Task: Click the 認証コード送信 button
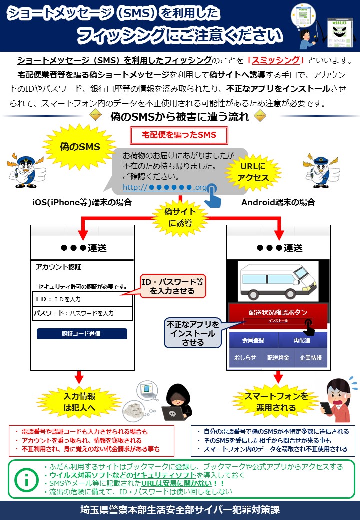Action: (x=82, y=333)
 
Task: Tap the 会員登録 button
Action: (x=253, y=340)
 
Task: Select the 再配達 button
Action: (x=302, y=340)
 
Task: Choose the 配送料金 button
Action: (x=278, y=358)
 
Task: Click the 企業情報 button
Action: (x=311, y=358)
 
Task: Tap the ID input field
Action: (x=82, y=299)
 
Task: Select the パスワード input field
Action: (x=82, y=313)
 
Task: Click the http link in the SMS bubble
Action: (x=165, y=187)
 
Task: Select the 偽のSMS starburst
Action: (x=80, y=147)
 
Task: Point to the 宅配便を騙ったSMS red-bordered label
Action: (x=179, y=135)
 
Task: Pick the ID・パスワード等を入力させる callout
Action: (x=173, y=285)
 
